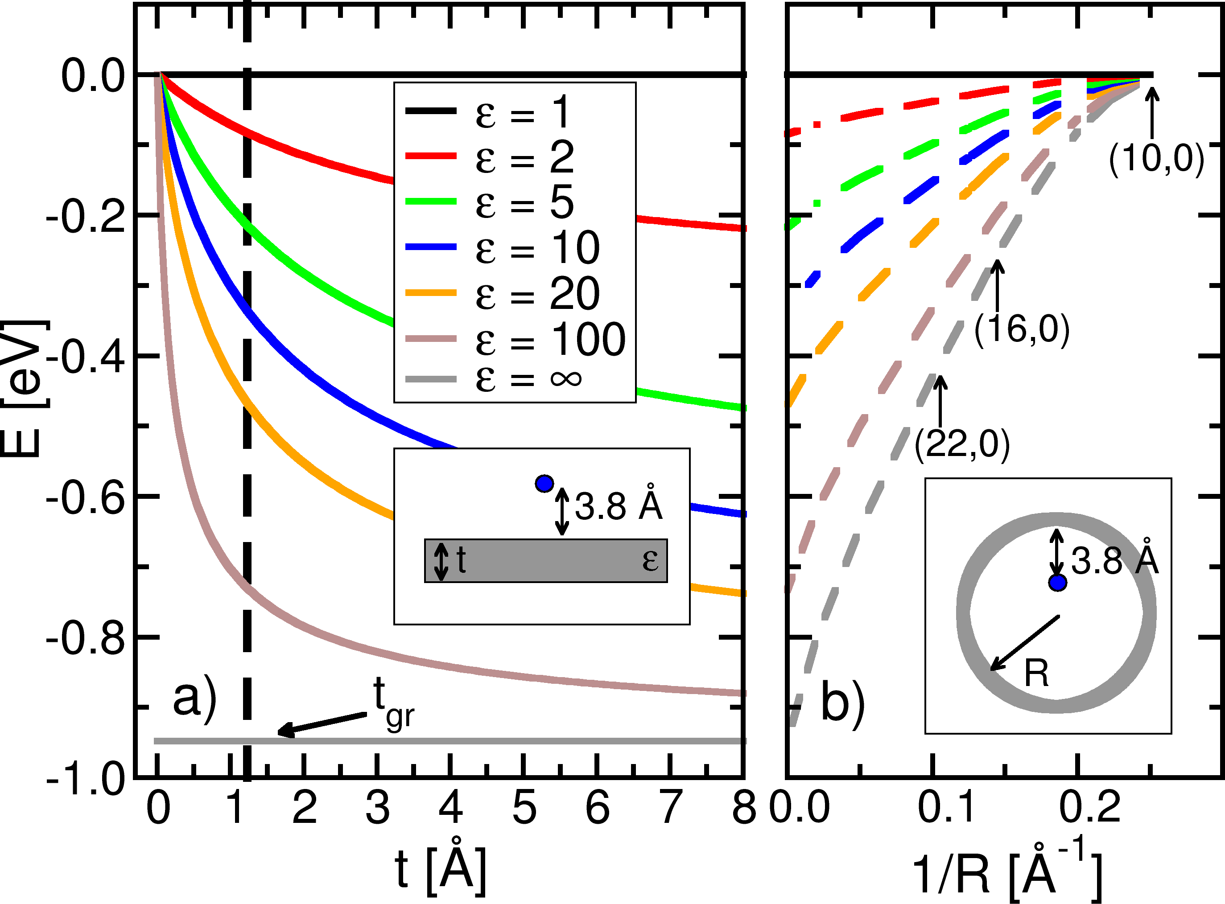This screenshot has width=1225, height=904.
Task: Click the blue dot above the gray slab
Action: point(544,484)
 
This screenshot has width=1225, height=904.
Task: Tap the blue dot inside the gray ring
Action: point(1057,583)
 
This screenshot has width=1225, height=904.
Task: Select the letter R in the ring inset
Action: point(1037,674)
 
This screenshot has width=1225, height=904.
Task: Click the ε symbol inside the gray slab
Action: point(650,560)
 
